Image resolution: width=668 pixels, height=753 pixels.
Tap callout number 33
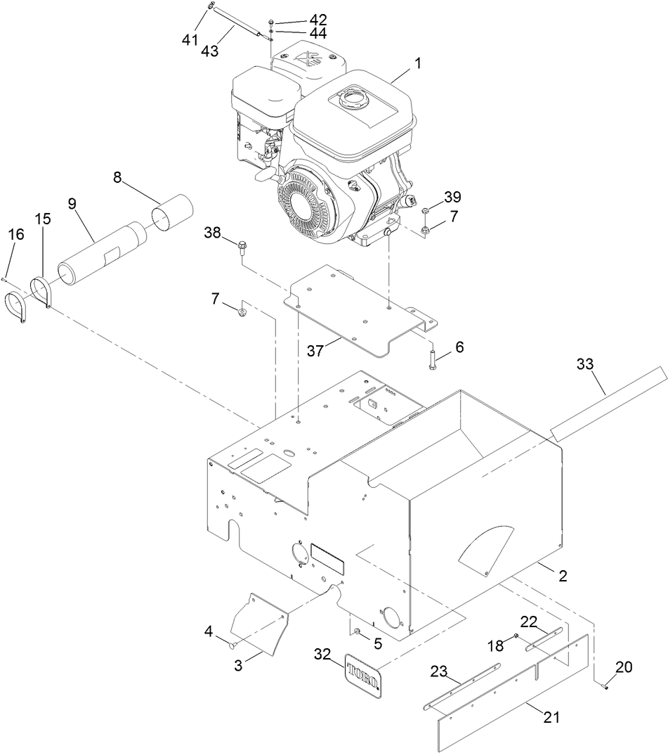pos(584,364)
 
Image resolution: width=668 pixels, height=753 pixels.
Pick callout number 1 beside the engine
pos(417,63)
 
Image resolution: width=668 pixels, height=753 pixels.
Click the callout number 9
pos(72,204)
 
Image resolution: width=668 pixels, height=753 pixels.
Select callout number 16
pos(16,234)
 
